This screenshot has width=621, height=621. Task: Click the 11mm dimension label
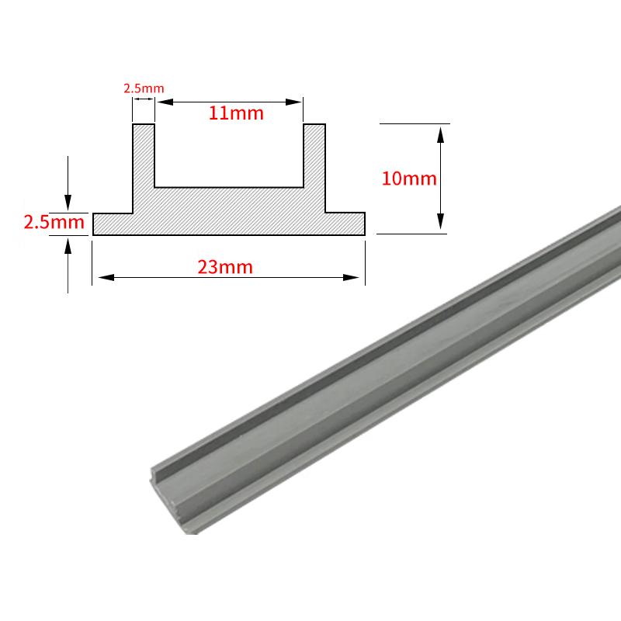tap(236, 113)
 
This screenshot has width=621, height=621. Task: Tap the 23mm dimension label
tap(225, 267)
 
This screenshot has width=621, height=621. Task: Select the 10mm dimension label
tap(409, 179)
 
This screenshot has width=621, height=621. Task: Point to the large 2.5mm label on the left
tap(54, 222)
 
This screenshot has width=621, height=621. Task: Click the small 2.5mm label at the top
tap(144, 88)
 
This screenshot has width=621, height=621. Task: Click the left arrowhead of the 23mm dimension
tap(106, 277)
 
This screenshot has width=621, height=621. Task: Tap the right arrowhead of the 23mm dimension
tap(351, 277)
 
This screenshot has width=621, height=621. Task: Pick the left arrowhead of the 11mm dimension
tap(165, 102)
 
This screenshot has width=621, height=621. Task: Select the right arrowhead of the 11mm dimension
tap(293, 102)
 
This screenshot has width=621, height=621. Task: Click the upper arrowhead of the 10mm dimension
tap(440, 134)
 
